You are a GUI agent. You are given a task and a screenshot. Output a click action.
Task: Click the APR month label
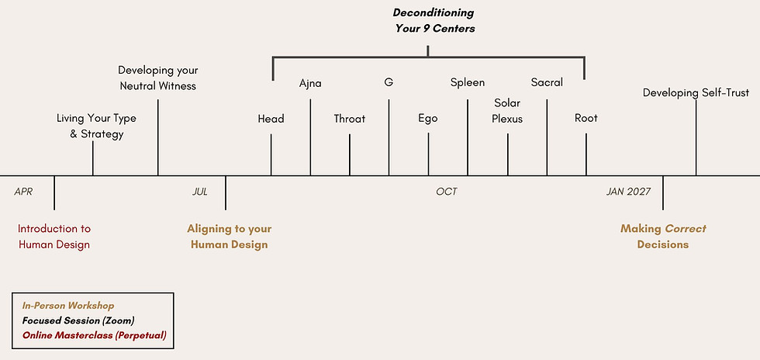(23, 192)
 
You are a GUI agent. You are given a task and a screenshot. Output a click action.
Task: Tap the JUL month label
(200, 192)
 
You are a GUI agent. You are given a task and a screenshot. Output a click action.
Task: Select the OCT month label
(447, 192)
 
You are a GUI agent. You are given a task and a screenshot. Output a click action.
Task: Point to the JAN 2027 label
(628, 192)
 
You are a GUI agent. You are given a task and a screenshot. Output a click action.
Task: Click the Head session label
(271, 119)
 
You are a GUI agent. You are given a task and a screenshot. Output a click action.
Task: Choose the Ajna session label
(310, 84)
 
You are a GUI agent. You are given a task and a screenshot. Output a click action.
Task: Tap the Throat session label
(350, 119)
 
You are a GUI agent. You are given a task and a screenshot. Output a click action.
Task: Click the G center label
(389, 82)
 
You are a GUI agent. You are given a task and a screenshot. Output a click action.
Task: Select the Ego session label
(428, 119)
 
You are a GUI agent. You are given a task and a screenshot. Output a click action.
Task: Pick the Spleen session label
(467, 83)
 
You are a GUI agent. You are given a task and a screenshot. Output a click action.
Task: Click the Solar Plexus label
(507, 111)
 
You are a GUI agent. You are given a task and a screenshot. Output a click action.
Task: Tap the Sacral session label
(547, 82)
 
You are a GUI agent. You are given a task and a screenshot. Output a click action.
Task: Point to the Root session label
(586, 119)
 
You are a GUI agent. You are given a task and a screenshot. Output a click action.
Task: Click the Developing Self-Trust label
(696, 92)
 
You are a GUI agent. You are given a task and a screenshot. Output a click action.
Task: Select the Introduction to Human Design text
(54, 237)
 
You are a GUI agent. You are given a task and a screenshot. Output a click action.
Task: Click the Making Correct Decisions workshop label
(663, 237)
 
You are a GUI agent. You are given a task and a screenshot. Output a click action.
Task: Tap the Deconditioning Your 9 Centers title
(434, 20)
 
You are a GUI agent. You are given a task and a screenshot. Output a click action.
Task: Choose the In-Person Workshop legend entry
(68, 306)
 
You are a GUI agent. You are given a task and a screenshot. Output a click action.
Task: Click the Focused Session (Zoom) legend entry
(78, 320)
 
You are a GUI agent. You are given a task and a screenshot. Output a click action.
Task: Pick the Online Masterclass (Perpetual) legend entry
(94, 335)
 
